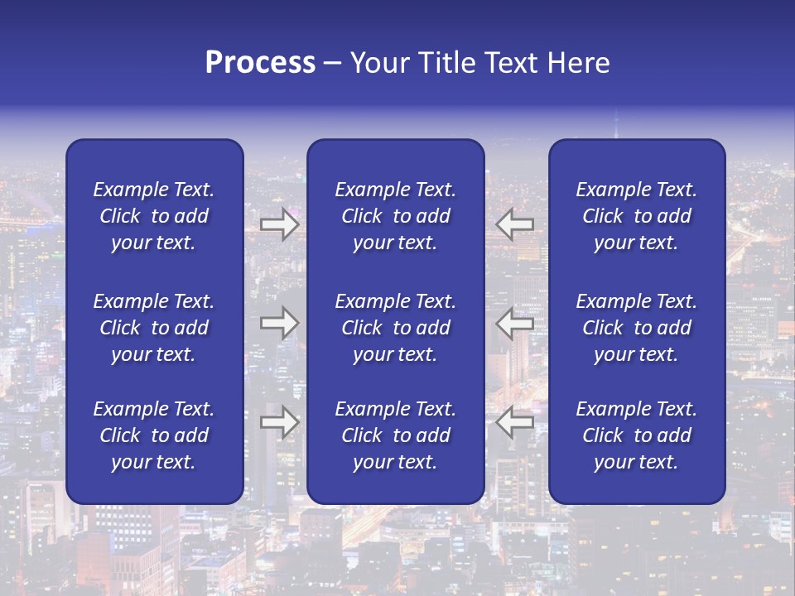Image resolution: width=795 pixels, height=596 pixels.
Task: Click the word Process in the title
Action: pyautogui.click(x=260, y=63)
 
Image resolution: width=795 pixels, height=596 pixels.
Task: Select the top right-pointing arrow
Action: pyautogui.click(x=279, y=224)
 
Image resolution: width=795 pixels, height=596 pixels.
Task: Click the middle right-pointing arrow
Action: pyautogui.click(x=279, y=323)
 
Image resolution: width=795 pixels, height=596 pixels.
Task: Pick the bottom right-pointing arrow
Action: pyautogui.click(x=279, y=422)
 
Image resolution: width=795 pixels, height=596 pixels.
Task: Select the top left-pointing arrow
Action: pyautogui.click(x=515, y=224)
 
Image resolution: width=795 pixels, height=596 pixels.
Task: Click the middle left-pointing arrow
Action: pyautogui.click(x=515, y=323)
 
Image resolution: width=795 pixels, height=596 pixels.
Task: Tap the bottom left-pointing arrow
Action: pyautogui.click(x=515, y=422)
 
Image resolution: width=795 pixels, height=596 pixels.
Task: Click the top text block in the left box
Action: pyautogui.click(x=154, y=216)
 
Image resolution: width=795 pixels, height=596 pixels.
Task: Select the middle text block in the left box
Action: pyautogui.click(x=154, y=328)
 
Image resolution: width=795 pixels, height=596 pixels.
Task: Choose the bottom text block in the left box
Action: pyautogui.click(x=154, y=435)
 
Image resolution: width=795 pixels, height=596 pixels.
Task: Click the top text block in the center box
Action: pyautogui.click(x=395, y=216)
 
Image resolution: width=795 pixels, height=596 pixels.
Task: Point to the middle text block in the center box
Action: pyautogui.click(x=395, y=328)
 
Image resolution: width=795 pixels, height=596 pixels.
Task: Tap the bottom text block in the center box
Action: pyautogui.click(x=395, y=435)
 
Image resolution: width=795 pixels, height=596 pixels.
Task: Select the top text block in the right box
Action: pyautogui.click(x=636, y=216)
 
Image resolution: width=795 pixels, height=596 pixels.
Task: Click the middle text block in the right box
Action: pyautogui.click(x=636, y=328)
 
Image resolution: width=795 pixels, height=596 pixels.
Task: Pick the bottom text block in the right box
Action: pyautogui.click(x=636, y=435)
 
